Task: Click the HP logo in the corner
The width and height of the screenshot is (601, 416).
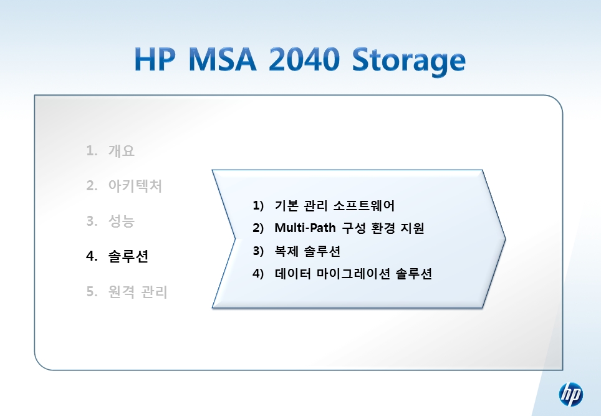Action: pos(570,395)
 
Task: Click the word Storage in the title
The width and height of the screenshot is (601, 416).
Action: pos(409,61)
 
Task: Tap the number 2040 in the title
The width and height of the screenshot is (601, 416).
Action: pos(304,59)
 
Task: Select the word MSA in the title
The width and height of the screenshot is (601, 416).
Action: pos(223,59)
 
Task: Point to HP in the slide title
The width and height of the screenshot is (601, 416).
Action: pos(155,59)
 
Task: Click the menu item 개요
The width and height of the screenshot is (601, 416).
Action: pos(122,151)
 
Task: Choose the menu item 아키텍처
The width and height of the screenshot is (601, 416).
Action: pos(135,186)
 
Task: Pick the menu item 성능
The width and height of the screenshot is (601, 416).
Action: pos(122,221)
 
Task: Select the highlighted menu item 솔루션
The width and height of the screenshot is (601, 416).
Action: pos(128,256)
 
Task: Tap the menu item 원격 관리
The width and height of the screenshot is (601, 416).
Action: pos(138,292)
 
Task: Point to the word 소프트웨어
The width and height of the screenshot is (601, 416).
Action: pos(363,206)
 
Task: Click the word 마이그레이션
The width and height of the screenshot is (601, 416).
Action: pos(353,274)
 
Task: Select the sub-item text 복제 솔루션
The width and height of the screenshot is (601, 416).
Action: pos(307,251)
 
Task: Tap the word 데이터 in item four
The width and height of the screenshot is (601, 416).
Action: pos(293,274)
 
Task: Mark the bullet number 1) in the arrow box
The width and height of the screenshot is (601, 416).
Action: pos(258,206)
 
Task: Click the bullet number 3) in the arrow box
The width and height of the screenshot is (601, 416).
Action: pos(258,251)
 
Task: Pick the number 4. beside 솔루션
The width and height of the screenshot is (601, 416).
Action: pos(92,256)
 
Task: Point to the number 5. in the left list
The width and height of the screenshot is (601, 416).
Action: pos(92,292)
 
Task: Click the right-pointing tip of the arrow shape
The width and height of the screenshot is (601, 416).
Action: pos(506,239)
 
